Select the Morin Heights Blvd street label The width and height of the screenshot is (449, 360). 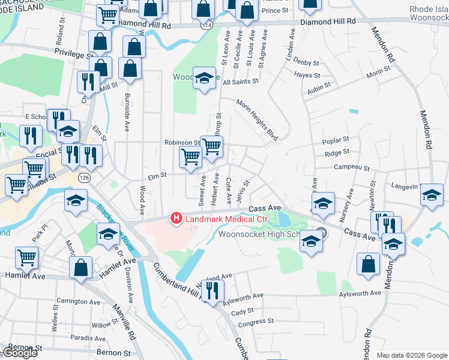[257, 120]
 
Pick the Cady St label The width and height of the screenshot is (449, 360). [243, 311]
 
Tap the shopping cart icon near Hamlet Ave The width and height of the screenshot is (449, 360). [27, 258]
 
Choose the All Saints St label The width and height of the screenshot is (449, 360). [240, 81]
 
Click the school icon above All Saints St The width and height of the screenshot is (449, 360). [204, 77]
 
